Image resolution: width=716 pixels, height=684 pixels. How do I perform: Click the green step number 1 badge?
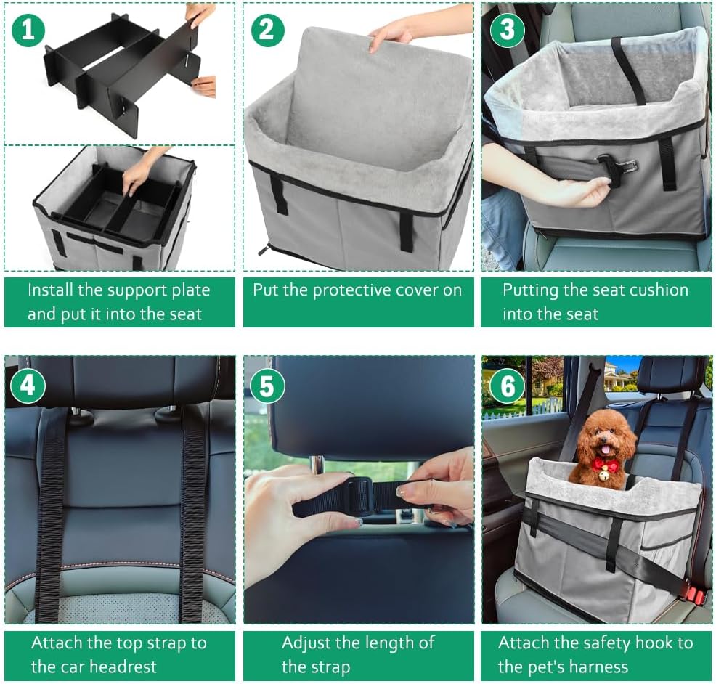point(28,30)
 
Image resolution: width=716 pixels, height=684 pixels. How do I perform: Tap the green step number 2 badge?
point(267,30)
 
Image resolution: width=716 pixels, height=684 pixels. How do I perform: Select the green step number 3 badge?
point(507,30)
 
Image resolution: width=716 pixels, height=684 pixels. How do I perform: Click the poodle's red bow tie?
point(605,465)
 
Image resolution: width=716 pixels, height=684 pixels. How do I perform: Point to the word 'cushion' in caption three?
point(652,290)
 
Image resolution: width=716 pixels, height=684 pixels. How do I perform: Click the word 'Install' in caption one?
point(50,290)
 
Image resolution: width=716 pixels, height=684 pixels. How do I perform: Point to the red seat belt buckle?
point(693,595)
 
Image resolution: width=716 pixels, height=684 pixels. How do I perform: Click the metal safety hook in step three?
point(611,166)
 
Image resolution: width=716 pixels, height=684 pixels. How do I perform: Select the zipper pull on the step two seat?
point(264,251)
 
